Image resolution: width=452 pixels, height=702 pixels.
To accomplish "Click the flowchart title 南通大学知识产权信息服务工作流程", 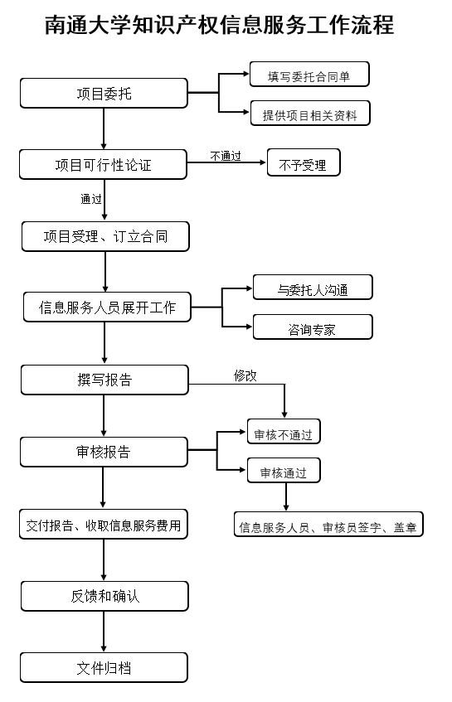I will coord(220,26).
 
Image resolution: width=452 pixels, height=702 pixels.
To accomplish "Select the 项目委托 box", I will coord(104,93).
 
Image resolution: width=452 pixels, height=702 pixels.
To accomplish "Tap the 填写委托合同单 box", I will coord(309,75).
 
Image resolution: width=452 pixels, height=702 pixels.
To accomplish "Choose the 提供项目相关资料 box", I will coord(309,114).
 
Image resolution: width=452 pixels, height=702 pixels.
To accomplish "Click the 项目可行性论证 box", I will coord(104,164).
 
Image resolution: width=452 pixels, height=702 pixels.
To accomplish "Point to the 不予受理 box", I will coord(303,164).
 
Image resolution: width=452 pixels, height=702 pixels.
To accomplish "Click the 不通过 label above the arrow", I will coord(226,155).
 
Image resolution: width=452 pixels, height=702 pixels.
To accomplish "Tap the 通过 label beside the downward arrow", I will coord(91,199).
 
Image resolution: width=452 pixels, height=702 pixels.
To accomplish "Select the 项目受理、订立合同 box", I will coord(105,236).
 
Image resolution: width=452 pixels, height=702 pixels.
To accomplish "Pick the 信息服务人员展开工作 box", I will coord(107,307).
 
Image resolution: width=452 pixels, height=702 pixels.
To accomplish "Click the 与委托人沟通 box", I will coord(312,288).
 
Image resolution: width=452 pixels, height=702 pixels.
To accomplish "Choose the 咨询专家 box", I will coord(312,327).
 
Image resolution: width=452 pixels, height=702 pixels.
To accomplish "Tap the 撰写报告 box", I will coord(104,380).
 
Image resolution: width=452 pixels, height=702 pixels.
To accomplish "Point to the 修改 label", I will coord(245,375).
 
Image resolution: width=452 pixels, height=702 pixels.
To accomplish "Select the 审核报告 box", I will coord(104,452).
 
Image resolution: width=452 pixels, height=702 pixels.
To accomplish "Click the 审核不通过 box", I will coord(283,433).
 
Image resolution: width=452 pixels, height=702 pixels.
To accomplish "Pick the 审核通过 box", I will coord(283,472).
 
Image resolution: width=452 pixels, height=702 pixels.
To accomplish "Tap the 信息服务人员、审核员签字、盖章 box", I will coord(328,525).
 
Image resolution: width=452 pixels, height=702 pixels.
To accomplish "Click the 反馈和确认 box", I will coord(104,596).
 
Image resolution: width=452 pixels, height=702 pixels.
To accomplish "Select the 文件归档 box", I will coord(104,667).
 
